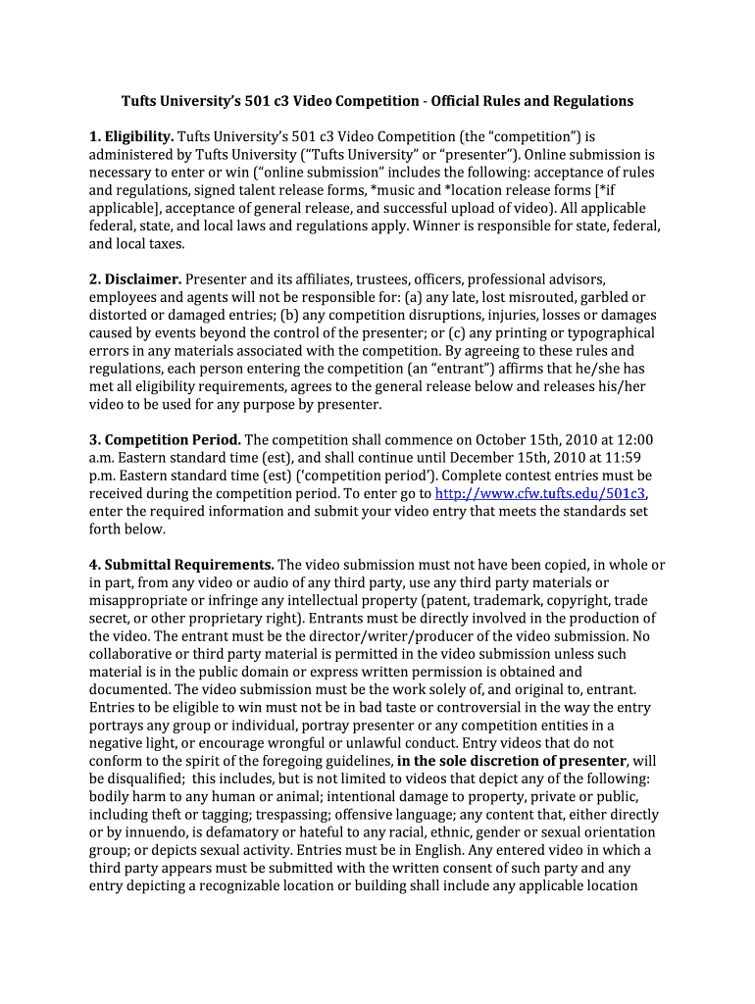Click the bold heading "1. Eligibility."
(x=131, y=136)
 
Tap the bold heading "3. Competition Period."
(x=165, y=439)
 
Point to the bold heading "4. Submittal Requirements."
(x=181, y=565)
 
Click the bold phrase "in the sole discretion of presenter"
(x=511, y=761)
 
